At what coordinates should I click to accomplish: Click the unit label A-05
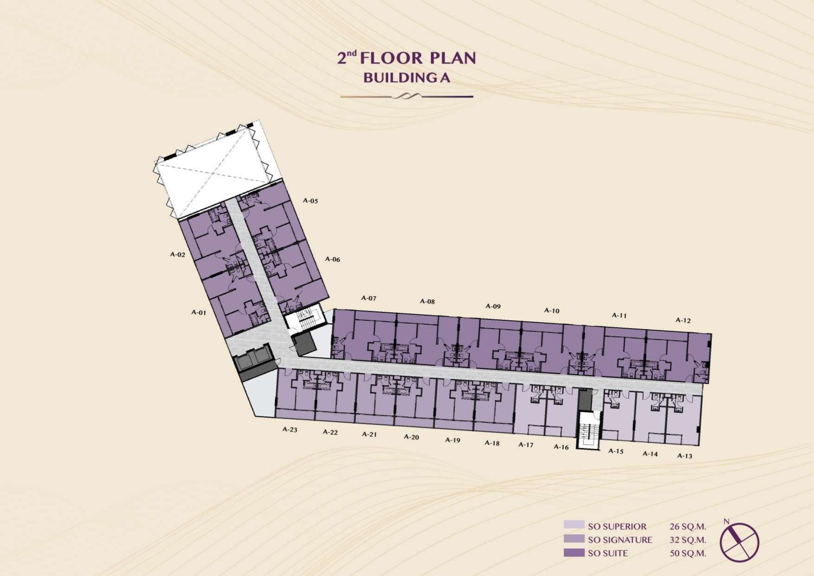(x=310, y=201)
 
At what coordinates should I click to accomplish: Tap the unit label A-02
(x=177, y=255)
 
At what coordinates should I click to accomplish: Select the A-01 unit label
(x=199, y=312)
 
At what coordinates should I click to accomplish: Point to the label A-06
(x=332, y=259)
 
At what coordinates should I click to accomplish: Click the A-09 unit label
(x=493, y=306)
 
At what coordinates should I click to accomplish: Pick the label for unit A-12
(x=683, y=320)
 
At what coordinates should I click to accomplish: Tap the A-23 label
(x=290, y=430)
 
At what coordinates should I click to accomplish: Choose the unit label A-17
(x=526, y=445)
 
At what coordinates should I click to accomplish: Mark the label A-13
(x=685, y=456)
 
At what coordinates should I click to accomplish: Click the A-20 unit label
(x=411, y=437)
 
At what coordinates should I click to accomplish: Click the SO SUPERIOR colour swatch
(x=574, y=524)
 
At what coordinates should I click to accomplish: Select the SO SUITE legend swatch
(x=574, y=553)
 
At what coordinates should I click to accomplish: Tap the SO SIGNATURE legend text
(x=620, y=540)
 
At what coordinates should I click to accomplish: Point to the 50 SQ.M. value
(x=687, y=553)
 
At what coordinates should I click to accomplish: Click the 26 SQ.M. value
(x=687, y=526)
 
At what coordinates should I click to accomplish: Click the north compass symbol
(x=739, y=542)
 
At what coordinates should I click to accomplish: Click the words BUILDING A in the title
(x=407, y=78)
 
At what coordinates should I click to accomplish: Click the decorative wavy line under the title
(x=407, y=97)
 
